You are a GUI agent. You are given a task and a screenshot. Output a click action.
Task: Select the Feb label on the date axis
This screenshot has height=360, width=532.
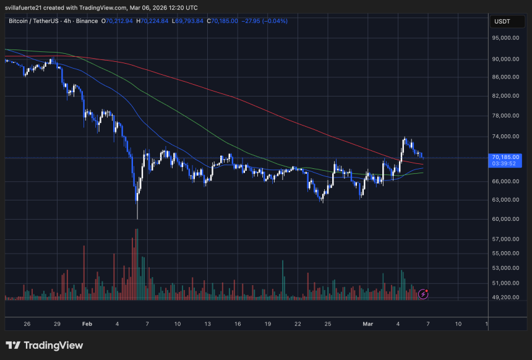[x=87, y=324]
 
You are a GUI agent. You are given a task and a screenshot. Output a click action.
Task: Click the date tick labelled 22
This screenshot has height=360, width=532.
[x=298, y=324]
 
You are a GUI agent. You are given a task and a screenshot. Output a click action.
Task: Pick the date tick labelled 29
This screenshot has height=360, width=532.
[x=57, y=324]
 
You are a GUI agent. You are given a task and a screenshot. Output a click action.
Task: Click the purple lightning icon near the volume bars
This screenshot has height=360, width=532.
[x=423, y=294]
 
